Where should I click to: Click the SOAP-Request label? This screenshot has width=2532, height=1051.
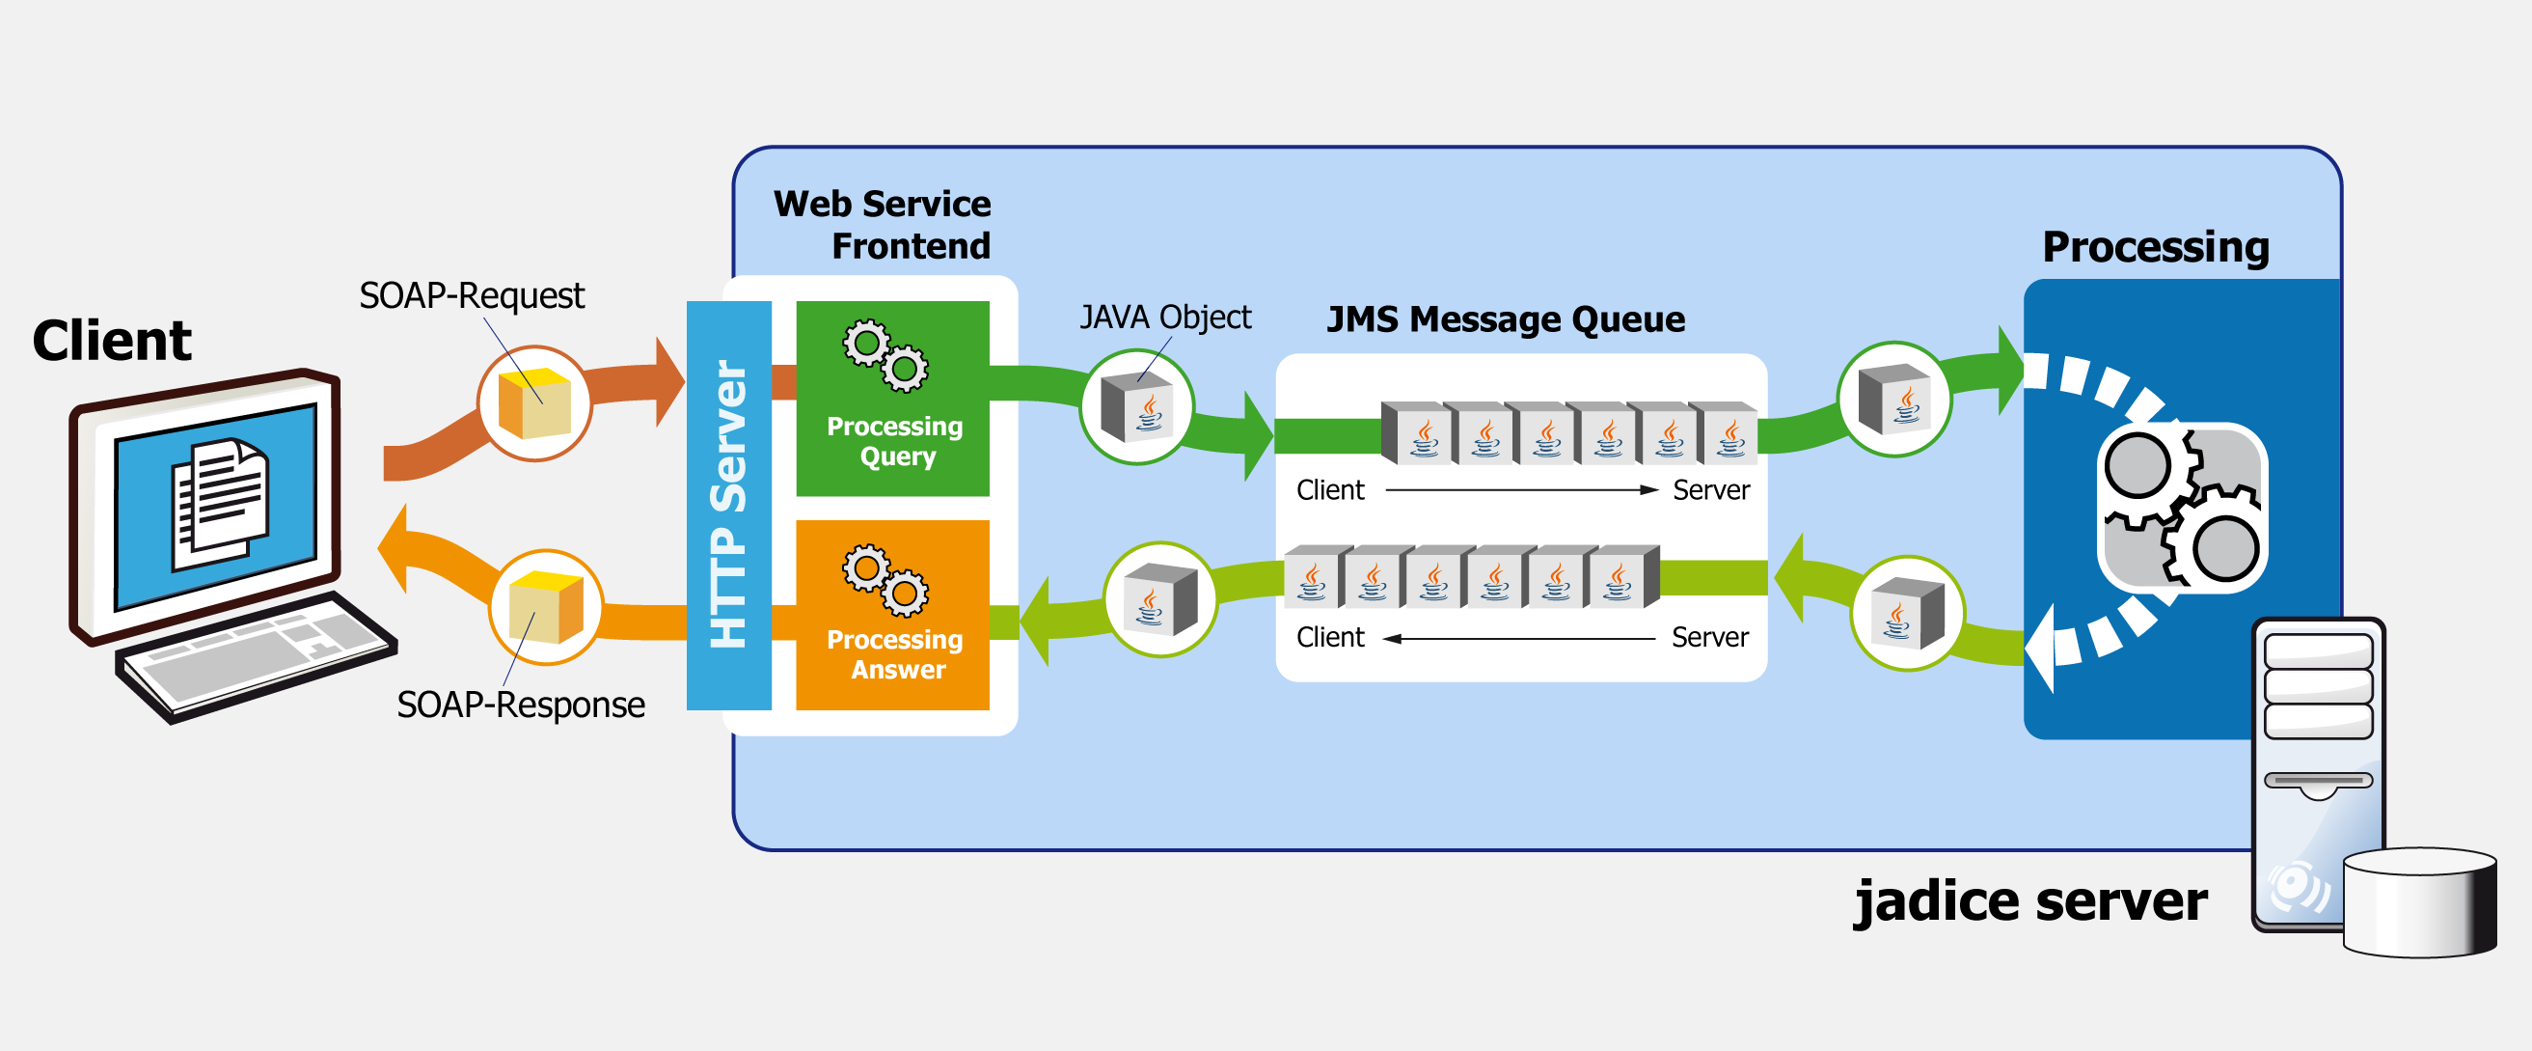(x=471, y=296)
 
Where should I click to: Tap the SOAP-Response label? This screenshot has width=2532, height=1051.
(x=520, y=705)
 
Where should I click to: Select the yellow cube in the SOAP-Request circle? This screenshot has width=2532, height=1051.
(x=534, y=403)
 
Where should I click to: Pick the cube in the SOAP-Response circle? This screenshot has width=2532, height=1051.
(x=547, y=607)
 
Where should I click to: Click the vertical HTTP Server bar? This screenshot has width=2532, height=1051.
(x=728, y=506)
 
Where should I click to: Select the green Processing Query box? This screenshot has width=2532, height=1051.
(x=892, y=399)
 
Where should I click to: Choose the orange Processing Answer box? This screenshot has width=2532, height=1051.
(x=892, y=615)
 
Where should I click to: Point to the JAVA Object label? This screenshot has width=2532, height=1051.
(x=1165, y=318)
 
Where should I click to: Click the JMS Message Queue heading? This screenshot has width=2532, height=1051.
(x=1505, y=320)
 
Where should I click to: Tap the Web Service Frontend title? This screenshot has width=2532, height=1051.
(x=883, y=224)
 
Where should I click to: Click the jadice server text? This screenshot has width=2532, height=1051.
(x=2029, y=901)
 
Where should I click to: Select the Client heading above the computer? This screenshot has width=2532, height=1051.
(x=111, y=341)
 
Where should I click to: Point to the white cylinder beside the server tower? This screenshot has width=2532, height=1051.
(x=2419, y=901)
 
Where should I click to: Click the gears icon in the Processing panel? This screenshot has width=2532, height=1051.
(x=2182, y=508)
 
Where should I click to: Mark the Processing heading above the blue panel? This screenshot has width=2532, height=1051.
(x=2155, y=248)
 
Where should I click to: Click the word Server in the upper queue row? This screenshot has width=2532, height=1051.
(x=1710, y=490)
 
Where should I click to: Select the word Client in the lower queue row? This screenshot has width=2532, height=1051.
(x=1329, y=638)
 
